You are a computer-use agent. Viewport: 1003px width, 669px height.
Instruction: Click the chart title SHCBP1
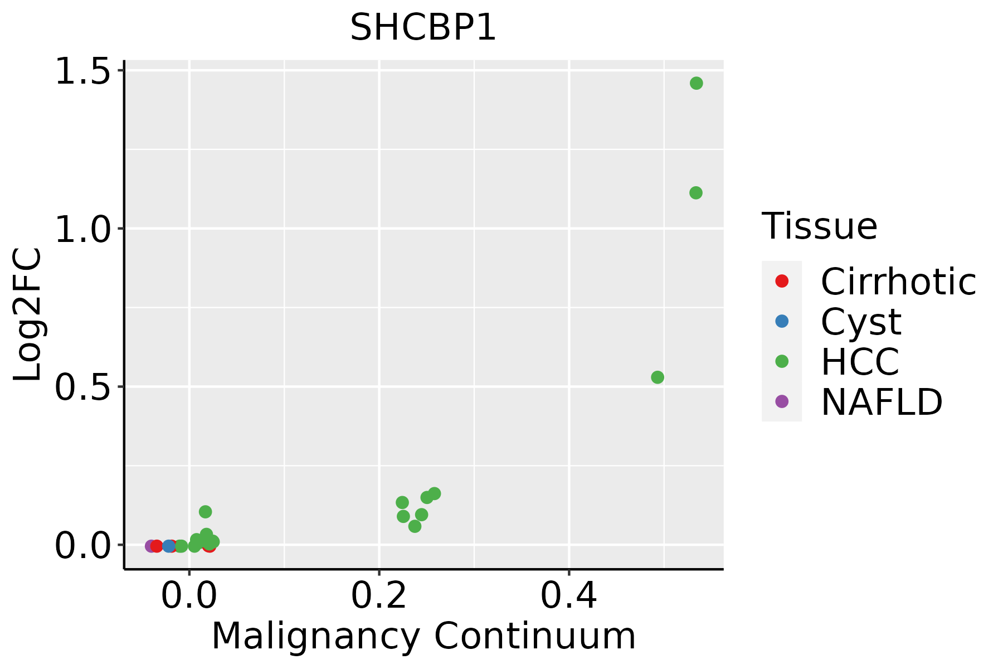[423, 28]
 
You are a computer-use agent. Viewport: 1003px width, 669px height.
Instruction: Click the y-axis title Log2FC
[28, 315]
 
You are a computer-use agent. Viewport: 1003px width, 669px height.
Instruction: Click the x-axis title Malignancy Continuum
[423, 636]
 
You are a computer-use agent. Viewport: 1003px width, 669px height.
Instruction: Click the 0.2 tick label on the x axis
[379, 596]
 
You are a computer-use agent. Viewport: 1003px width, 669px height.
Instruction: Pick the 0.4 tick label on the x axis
[569, 596]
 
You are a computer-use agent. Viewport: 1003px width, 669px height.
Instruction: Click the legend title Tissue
[819, 226]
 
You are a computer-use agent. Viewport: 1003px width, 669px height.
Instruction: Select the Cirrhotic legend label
[898, 282]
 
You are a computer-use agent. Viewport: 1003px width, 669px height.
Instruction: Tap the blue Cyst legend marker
[782, 321]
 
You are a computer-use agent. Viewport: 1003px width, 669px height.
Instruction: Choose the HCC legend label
[860, 361]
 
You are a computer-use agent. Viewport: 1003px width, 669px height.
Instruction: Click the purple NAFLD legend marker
[782, 401]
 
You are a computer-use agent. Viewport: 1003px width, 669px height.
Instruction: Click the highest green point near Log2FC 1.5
[696, 83]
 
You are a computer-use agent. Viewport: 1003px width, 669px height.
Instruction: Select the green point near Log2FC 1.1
[695, 193]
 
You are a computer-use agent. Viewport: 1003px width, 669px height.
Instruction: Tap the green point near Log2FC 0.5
[658, 377]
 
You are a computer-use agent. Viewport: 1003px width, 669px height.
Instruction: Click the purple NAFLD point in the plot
[150, 546]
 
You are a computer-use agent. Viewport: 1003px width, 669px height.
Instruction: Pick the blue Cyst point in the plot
[168, 546]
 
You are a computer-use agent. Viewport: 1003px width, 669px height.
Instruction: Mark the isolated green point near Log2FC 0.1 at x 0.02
[205, 512]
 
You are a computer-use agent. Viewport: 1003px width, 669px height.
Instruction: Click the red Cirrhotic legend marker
[782, 281]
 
